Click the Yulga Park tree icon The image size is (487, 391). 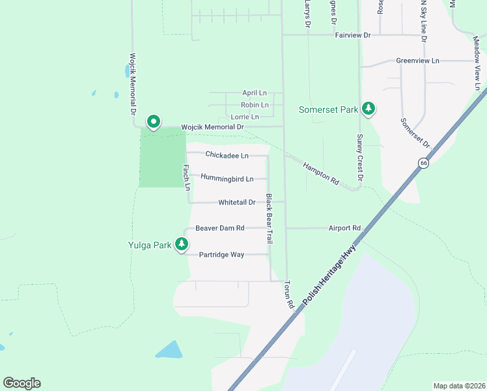click(182, 245)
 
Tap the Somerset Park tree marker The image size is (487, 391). click(369, 109)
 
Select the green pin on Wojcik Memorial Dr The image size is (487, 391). click(154, 121)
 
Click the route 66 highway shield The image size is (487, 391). click(423, 164)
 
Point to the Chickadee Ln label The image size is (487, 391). click(227, 155)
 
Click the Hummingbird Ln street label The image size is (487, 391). click(227, 177)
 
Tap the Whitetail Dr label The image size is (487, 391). click(237, 203)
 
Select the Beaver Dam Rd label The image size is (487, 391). click(219, 228)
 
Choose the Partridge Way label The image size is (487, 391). click(221, 255)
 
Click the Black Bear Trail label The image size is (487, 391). click(268, 219)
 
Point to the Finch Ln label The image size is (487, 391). click(186, 177)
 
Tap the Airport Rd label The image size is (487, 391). click(344, 228)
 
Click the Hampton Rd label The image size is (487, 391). click(321, 173)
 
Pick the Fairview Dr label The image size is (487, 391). click(352, 35)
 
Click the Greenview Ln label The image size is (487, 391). click(417, 61)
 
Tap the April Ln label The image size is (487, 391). click(255, 93)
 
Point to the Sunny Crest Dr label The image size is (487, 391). click(359, 156)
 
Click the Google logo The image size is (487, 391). click(21, 383)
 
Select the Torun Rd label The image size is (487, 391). click(288, 295)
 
